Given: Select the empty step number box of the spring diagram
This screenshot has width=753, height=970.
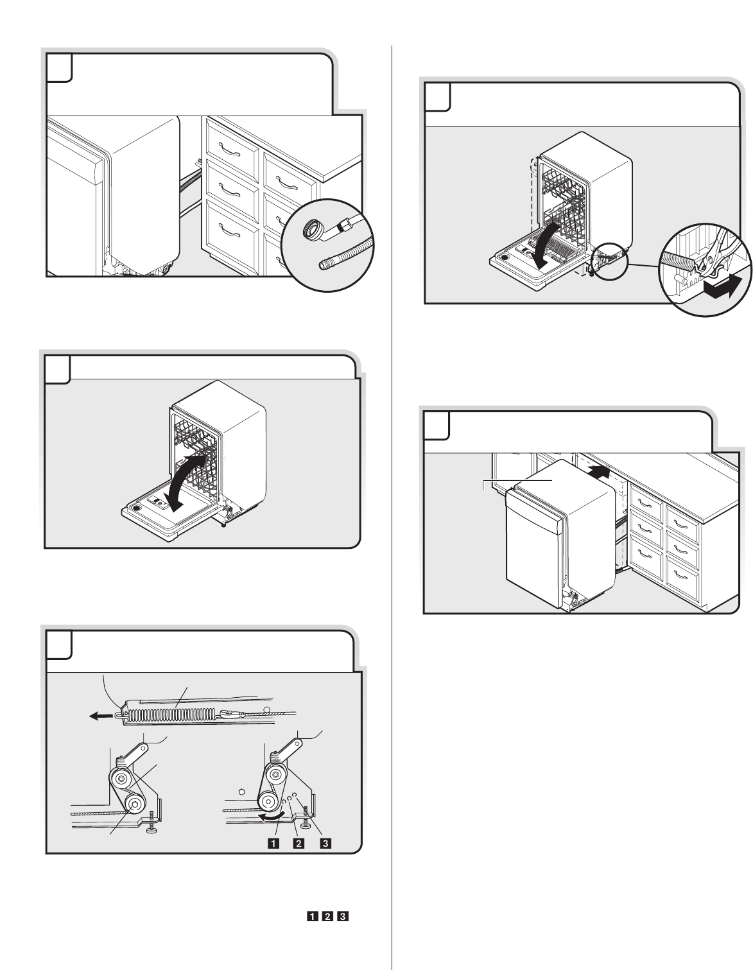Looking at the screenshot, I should click(x=58, y=646).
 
